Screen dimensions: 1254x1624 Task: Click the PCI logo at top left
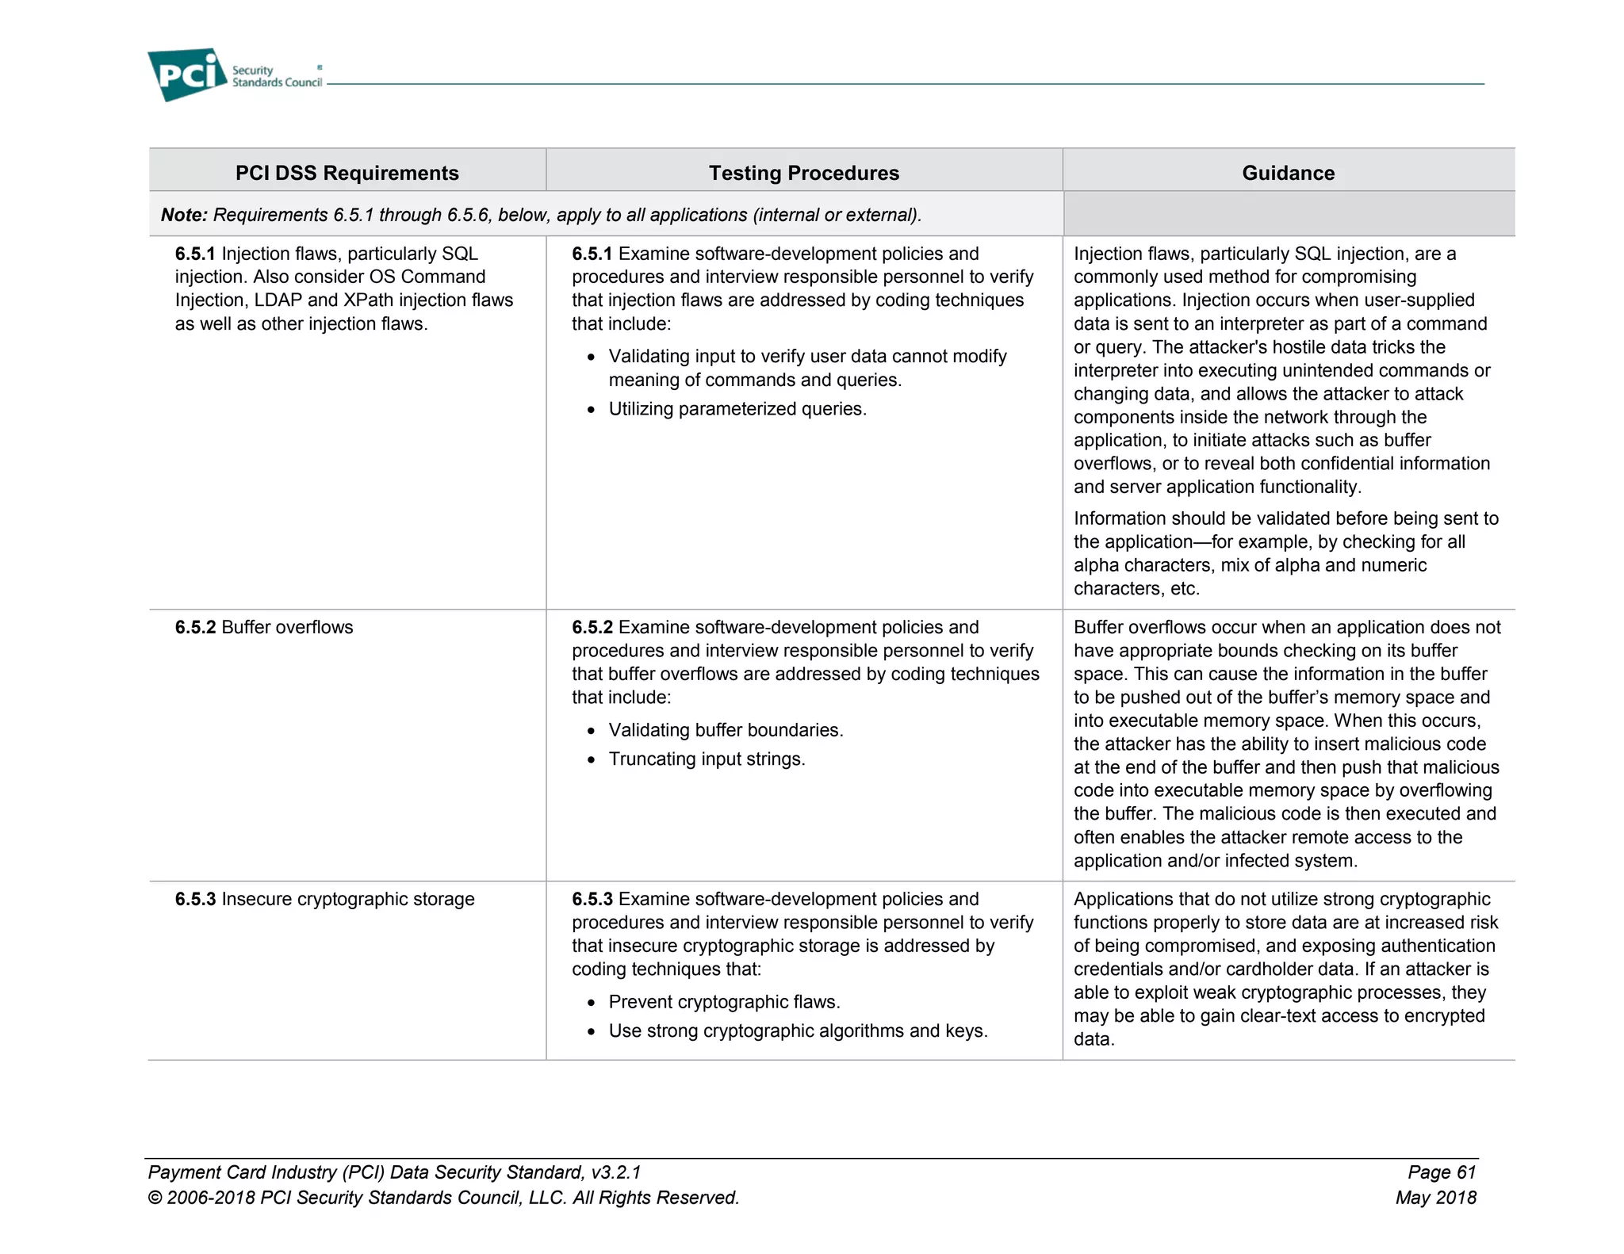pyautogui.click(x=187, y=75)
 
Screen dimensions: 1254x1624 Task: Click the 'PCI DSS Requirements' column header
pyautogui.click(x=347, y=173)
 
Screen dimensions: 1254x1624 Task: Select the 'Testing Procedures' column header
pyautogui.click(x=803, y=173)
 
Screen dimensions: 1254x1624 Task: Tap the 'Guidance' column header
pyautogui.click(x=1288, y=173)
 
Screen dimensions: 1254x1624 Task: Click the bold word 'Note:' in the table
pyautogui.click(x=184, y=215)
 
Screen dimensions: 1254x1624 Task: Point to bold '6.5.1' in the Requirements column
pyautogui.click(x=195, y=254)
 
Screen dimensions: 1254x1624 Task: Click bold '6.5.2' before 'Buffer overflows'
pyautogui.click(x=195, y=627)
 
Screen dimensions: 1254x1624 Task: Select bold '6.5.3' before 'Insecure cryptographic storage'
pyautogui.click(x=195, y=899)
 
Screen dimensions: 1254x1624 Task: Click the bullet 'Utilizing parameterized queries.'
pyautogui.click(x=737, y=409)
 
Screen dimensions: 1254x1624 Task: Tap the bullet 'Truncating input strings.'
pyautogui.click(x=707, y=759)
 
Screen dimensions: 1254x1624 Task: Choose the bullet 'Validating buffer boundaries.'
pyautogui.click(x=726, y=730)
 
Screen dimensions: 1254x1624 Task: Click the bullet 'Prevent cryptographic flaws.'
pyautogui.click(x=724, y=1002)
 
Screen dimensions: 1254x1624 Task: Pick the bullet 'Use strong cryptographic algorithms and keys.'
pyautogui.click(x=798, y=1030)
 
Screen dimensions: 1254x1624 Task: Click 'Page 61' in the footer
pyautogui.click(x=1441, y=1172)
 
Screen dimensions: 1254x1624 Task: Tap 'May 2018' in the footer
pyautogui.click(x=1435, y=1198)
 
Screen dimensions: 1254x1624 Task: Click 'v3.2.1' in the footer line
pyautogui.click(x=615, y=1172)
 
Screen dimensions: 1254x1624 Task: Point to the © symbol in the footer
pyautogui.click(x=155, y=1198)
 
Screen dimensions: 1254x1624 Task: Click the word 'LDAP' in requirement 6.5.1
pyautogui.click(x=278, y=300)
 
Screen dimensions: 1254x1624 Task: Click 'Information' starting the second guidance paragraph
pyautogui.click(x=1124, y=518)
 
